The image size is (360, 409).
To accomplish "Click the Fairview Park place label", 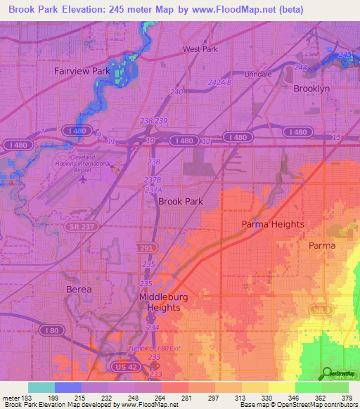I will point(82,71).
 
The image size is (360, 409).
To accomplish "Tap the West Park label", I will point(200,49).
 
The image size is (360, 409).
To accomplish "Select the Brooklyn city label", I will point(311,89).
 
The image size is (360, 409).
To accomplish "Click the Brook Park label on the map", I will point(181,201).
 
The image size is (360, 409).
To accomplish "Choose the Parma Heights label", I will point(273,224).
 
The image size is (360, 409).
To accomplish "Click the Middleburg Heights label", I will point(164,302).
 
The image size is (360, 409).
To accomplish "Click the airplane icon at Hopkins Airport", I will point(84,178).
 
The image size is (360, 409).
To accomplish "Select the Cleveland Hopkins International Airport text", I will point(83,162).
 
